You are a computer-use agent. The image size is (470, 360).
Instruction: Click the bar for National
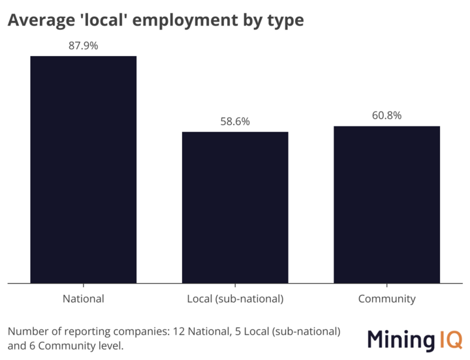[x=84, y=170]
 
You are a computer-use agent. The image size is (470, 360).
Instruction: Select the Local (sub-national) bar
[x=235, y=207]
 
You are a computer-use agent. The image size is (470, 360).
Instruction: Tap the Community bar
[x=386, y=205]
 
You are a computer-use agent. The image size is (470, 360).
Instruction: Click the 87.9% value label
[x=84, y=46]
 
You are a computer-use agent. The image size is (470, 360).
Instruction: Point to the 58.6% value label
[x=235, y=121]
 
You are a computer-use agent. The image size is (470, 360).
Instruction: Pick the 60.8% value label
[x=386, y=115]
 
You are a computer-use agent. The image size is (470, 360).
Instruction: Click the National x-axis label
[x=84, y=299]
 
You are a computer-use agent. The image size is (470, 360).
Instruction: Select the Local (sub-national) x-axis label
[x=235, y=299]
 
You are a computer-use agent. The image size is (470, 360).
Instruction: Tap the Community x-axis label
[x=386, y=299]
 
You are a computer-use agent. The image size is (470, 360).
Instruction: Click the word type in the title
[x=286, y=22]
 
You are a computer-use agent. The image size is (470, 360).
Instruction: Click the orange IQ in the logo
[x=448, y=340]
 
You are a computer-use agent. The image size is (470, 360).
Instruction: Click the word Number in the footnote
[x=27, y=331]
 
